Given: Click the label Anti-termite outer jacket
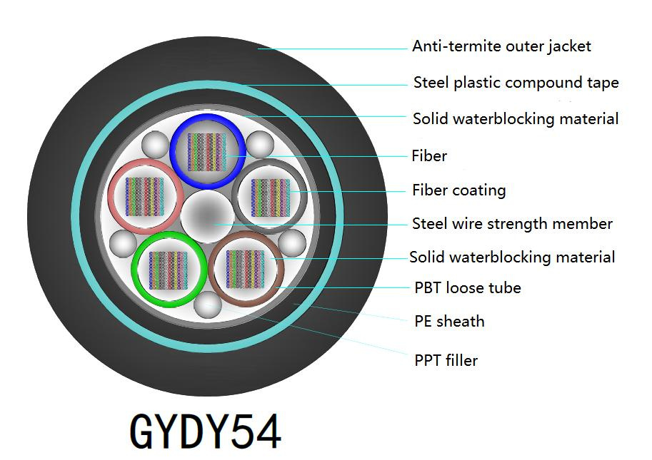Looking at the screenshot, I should (x=501, y=46).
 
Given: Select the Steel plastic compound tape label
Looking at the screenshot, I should (x=516, y=83).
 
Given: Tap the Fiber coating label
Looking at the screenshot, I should (x=458, y=190).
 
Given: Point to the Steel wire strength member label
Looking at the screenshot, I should (x=512, y=224).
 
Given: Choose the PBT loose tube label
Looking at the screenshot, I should (x=467, y=288).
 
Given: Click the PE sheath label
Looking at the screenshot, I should (x=449, y=321).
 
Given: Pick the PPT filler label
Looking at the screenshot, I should (x=446, y=360).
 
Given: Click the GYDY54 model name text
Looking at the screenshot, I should (x=206, y=431).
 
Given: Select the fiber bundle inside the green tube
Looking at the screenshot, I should (x=168, y=270).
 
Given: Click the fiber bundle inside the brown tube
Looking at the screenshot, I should (x=246, y=269).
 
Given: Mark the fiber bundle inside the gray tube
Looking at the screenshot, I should (x=270, y=196).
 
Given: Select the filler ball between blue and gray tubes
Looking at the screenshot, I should (x=259, y=145).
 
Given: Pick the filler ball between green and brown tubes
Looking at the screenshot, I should (x=207, y=303).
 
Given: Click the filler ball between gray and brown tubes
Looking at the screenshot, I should (x=291, y=244).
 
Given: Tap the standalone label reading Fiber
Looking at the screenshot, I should (x=429, y=155).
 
